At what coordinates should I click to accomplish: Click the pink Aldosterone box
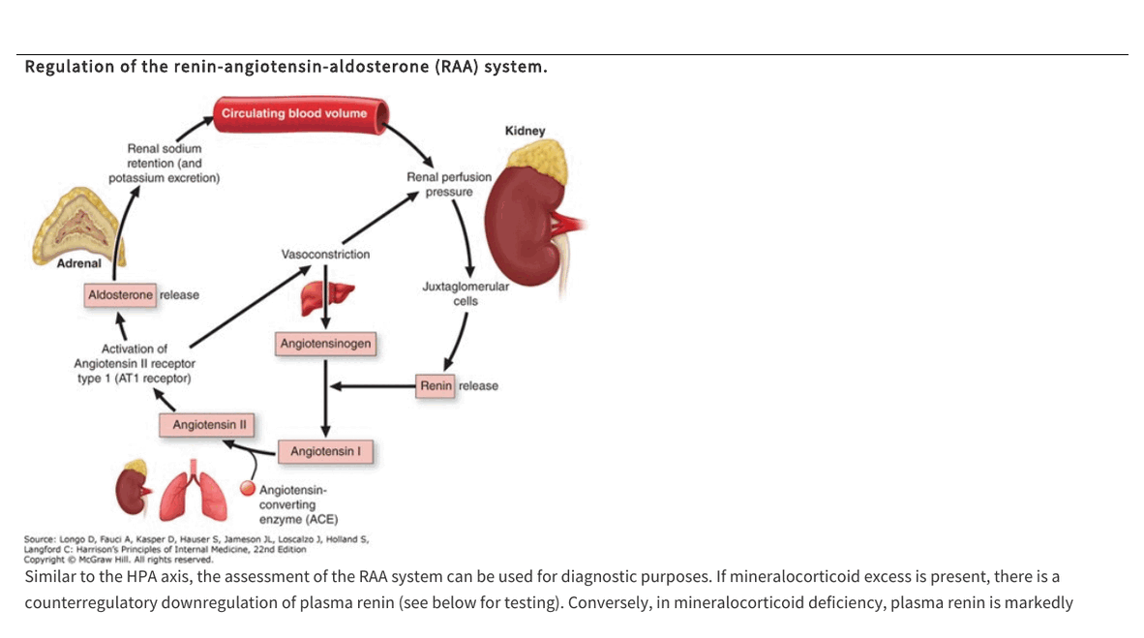120,295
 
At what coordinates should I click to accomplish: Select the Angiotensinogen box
325,344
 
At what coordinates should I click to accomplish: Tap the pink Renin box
436,386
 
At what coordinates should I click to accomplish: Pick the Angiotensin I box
325,452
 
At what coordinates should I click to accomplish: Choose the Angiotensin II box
207,425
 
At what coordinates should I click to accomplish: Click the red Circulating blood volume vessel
301,114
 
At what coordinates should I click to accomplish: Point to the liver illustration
326,298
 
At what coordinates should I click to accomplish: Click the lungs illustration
194,490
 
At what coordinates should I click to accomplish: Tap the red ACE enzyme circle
248,488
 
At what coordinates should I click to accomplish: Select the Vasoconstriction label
325,254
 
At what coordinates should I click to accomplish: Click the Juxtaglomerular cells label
466,293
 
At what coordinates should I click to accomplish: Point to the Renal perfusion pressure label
449,184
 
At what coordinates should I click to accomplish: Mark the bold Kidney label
525,131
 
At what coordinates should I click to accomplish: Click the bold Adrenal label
78,263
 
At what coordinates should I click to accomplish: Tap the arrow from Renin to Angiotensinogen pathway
373,386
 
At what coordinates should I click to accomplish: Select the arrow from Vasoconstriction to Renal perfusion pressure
380,217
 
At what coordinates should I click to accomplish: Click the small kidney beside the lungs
133,488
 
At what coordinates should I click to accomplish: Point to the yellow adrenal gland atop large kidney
539,162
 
